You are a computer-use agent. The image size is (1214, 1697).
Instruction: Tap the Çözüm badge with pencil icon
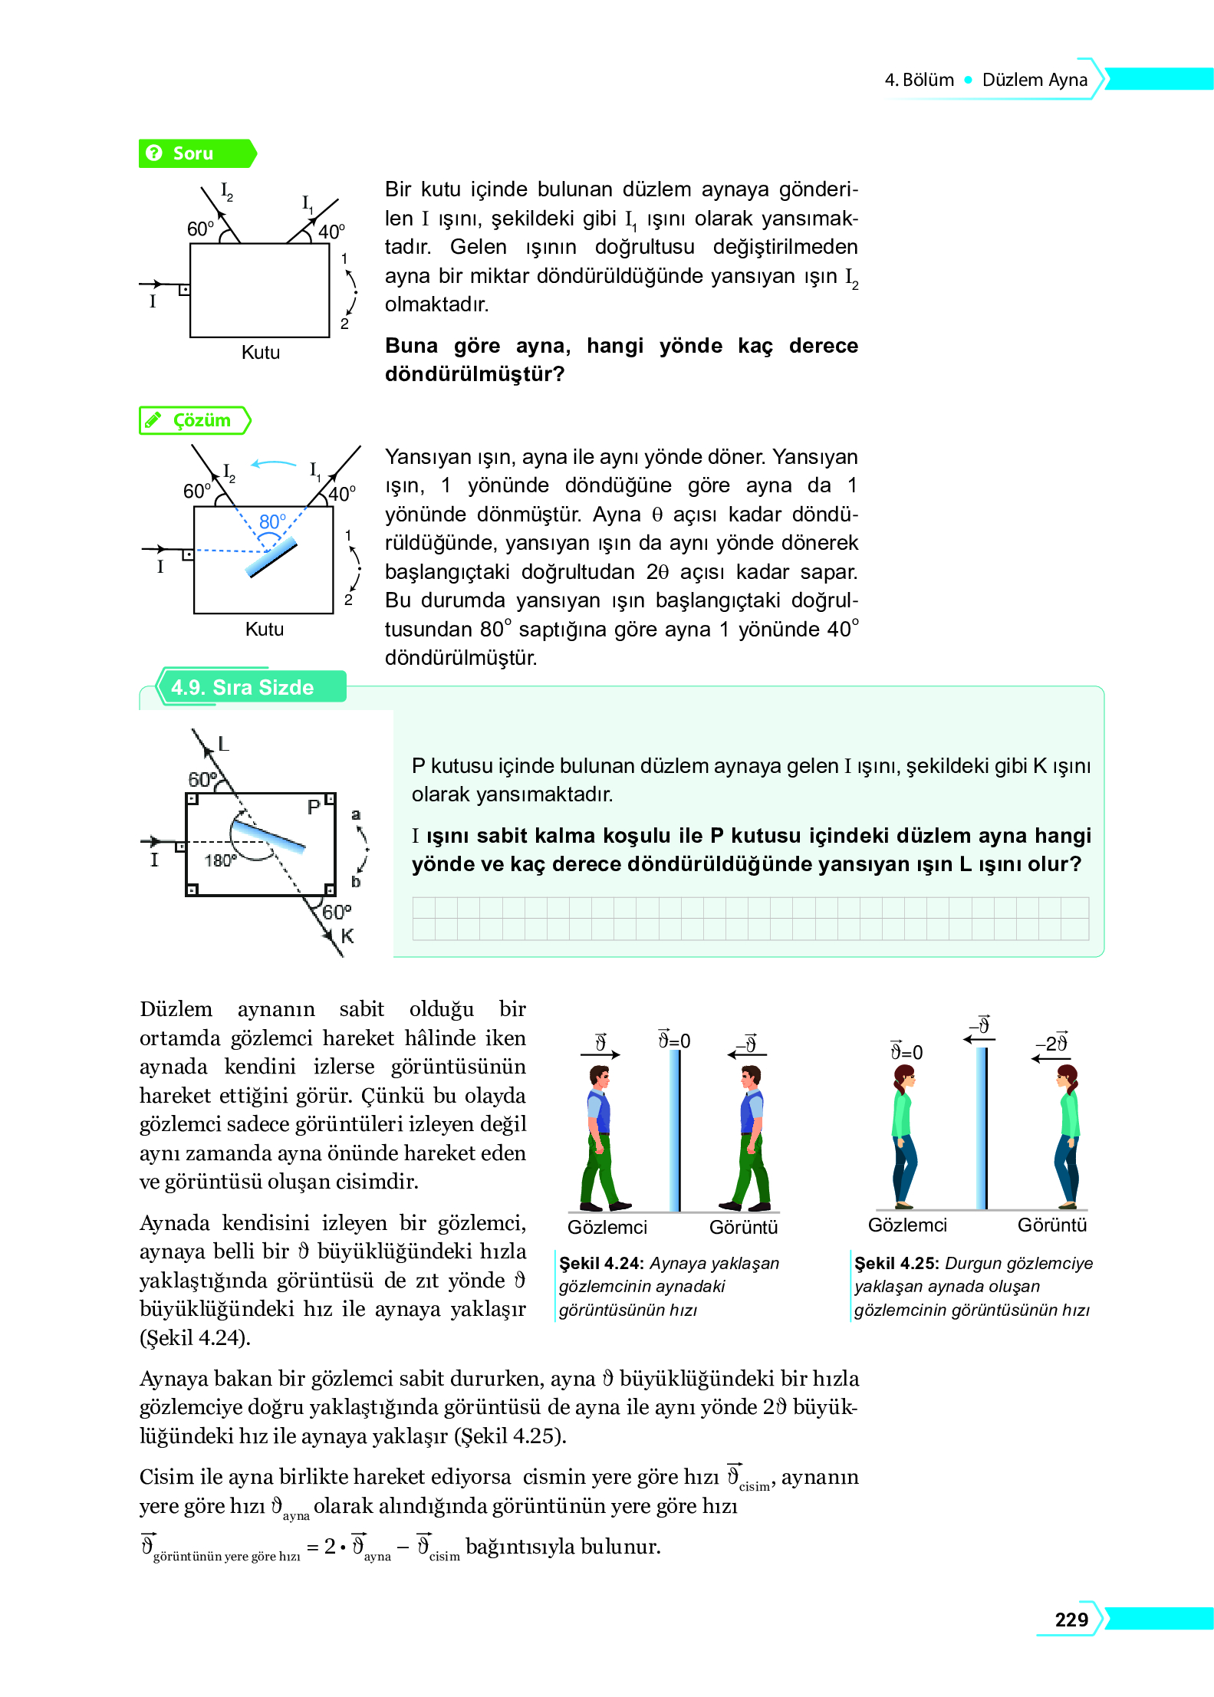(195, 420)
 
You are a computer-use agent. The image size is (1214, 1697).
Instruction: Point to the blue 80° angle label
(271, 522)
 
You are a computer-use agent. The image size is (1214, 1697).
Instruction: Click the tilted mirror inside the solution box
(271, 557)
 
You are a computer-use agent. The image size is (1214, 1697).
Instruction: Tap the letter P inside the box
(314, 807)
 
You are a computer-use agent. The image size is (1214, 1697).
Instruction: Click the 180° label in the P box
(220, 860)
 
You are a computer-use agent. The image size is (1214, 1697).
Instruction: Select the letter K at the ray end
(347, 936)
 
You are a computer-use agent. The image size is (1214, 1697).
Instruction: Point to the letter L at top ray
(223, 744)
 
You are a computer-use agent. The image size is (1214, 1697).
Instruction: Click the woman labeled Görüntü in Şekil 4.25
(1068, 1135)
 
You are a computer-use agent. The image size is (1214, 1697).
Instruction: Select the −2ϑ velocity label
(1051, 1044)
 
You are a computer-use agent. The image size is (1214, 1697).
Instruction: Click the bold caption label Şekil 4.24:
(601, 1263)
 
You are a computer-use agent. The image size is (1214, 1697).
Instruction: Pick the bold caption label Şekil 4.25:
(897, 1263)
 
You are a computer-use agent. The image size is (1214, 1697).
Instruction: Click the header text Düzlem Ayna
(1035, 80)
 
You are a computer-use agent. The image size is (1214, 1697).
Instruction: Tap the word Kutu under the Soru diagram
(260, 353)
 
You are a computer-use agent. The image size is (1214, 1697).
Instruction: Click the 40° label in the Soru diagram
(331, 232)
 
